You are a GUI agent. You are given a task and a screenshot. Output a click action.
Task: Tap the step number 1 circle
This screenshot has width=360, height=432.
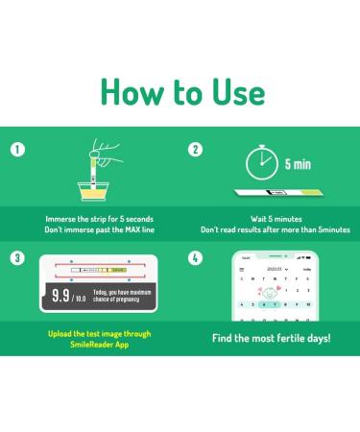tap(16, 151)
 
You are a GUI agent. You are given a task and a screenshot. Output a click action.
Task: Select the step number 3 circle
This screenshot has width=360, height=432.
tap(16, 258)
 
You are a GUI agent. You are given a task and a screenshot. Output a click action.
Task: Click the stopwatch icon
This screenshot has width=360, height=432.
tap(260, 163)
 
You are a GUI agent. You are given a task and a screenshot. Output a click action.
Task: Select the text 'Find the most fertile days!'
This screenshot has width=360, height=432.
tap(271, 339)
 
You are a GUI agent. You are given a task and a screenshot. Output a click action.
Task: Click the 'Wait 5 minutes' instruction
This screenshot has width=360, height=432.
tap(275, 218)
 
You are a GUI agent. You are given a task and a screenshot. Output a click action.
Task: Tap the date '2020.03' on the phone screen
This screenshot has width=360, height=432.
tap(275, 271)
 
